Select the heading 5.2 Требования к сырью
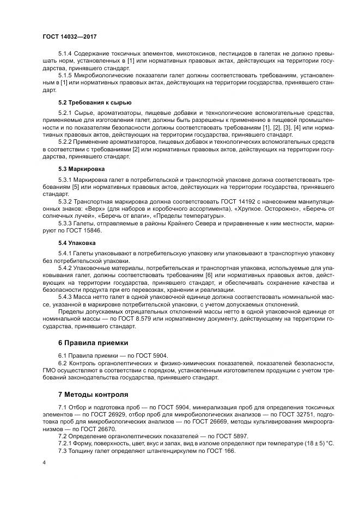tap(95, 102)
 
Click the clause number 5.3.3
tap(66, 223)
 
